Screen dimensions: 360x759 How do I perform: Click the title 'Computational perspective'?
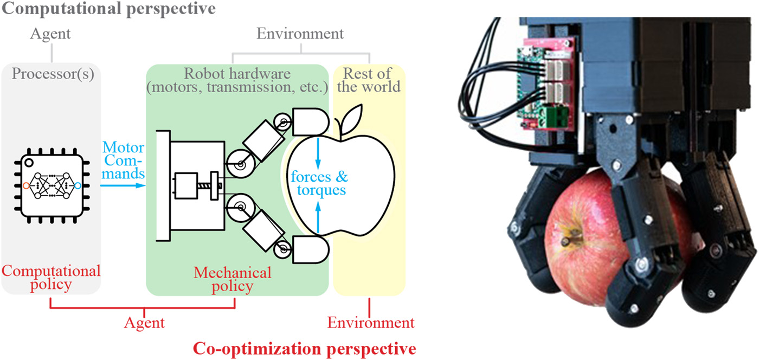pyautogui.click(x=108, y=9)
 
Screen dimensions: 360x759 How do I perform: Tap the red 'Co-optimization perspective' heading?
pyautogui.click(x=305, y=348)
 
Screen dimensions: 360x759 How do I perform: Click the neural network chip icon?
pyautogui.click(x=52, y=185)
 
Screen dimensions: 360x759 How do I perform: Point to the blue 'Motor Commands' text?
pyautogui.click(x=124, y=160)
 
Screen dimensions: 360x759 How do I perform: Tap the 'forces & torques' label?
pyautogui.click(x=319, y=184)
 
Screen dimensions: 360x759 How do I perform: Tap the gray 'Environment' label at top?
pyautogui.click(x=300, y=34)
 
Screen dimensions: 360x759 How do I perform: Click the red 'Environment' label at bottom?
pyautogui.click(x=371, y=323)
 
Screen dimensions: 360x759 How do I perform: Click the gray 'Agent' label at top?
pyautogui.click(x=50, y=34)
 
